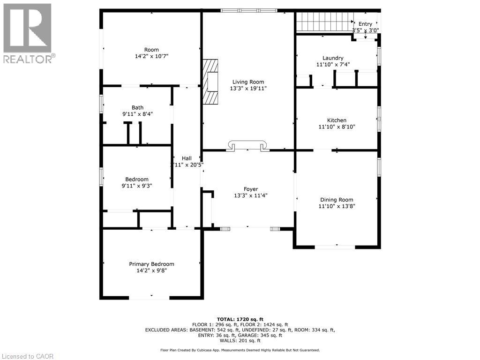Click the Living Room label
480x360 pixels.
[248, 82]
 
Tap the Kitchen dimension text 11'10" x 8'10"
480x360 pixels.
[337, 127]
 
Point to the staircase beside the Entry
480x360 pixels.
[325, 22]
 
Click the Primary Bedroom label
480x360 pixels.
[151, 264]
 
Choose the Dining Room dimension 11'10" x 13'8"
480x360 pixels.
[337, 206]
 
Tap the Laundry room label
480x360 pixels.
[333, 58]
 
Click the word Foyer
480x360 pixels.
[251, 189]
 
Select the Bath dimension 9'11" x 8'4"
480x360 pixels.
[137, 114]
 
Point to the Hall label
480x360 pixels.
[187, 158]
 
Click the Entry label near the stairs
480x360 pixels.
[365, 24]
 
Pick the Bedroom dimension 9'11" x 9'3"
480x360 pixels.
[137, 186]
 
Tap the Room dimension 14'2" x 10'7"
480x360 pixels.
[151, 56]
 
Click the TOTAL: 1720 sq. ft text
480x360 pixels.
[240, 319]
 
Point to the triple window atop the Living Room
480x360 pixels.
[249, 11]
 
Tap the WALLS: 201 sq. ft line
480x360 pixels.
[240, 340]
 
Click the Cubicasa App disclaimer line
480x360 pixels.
[240, 350]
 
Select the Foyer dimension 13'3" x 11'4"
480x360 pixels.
[251, 195]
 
